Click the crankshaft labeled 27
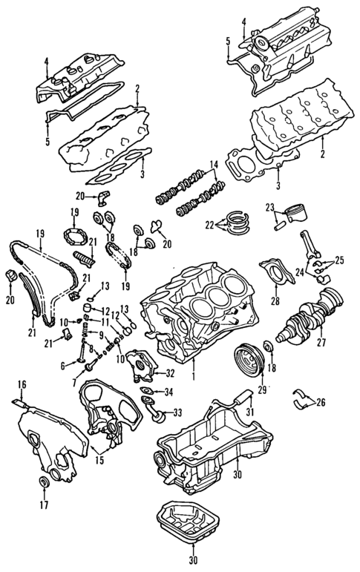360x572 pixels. pyautogui.click(x=312, y=316)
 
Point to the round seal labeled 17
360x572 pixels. pyautogui.click(x=43, y=485)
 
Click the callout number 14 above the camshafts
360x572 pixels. pyautogui.click(x=213, y=164)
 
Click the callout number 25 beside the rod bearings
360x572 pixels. pyautogui.click(x=339, y=260)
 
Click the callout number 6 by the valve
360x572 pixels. pyautogui.click(x=63, y=364)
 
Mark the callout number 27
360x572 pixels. pyautogui.click(x=322, y=343)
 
